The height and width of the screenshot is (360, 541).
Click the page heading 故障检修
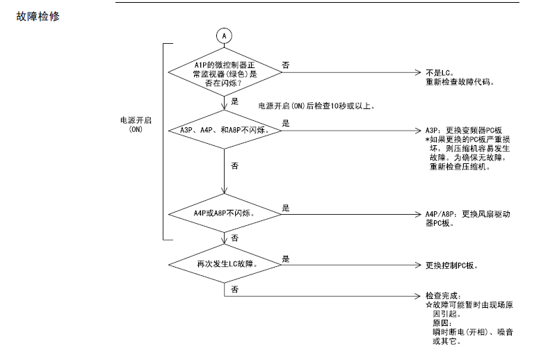pyautogui.click(x=38, y=15)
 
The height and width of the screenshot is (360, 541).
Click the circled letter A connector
pyautogui.click(x=223, y=35)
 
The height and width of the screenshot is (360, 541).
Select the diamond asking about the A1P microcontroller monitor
pyautogui.click(x=223, y=72)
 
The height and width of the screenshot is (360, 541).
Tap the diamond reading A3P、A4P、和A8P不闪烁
pyautogui.click(x=223, y=130)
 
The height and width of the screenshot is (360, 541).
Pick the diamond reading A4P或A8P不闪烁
pyautogui.click(x=223, y=213)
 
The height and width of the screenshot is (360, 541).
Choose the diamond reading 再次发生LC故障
pyautogui.click(x=223, y=265)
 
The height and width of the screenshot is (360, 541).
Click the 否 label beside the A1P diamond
pyautogui.click(x=286, y=65)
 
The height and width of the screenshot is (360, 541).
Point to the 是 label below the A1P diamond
pyautogui.click(x=234, y=101)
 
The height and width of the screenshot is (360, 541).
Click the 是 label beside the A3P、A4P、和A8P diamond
pyautogui.click(x=286, y=123)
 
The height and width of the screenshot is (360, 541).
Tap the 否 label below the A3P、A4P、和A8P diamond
pyautogui.click(x=234, y=166)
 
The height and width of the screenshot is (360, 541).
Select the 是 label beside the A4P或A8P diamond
pyautogui.click(x=286, y=207)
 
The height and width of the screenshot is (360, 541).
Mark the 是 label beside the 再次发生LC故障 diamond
pyautogui.click(x=286, y=259)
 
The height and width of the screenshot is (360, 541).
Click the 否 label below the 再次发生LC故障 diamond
pyautogui.click(x=234, y=289)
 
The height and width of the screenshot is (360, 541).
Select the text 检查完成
pyautogui.click(x=443, y=296)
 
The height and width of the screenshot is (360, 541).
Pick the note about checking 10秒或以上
pyautogui.click(x=317, y=106)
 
